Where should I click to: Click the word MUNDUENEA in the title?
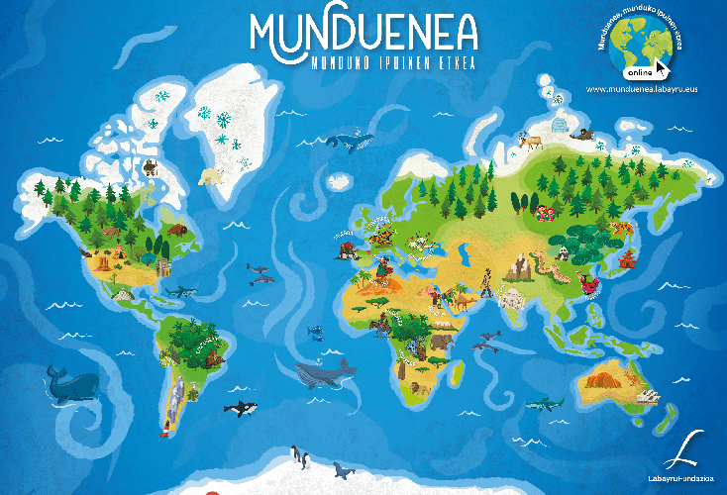pyautogui.click(x=363, y=33)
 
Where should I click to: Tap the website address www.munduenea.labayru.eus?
pyautogui.click(x=643, y=89)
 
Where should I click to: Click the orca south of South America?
pyautogui.click(x=239, y=407)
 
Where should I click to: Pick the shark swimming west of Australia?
pyautogui.click(x=544, y=403)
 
